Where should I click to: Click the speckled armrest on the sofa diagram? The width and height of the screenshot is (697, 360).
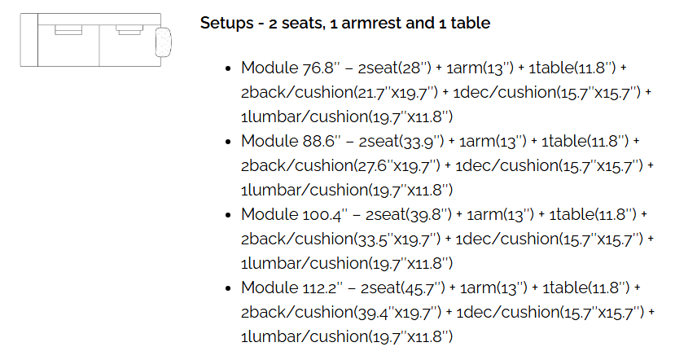(163, 42)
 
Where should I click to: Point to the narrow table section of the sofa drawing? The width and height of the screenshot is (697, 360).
(28, 40)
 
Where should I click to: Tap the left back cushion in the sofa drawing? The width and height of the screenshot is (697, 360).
(68, 30)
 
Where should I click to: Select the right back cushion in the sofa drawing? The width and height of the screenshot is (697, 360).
(129, 30)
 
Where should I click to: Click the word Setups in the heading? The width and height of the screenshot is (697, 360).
(226, 23)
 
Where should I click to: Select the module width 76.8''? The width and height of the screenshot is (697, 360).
(321, 68)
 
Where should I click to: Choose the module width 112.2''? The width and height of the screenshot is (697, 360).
(322, 288)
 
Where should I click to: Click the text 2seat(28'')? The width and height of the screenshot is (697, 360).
(395, 68)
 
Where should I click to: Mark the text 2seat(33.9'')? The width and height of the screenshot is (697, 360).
(401, 142)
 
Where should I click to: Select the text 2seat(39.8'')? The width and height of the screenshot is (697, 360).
(409, 215)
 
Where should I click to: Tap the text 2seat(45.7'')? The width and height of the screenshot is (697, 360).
(403, 288)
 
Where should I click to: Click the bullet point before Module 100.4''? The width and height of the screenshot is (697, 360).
(229, 216)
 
